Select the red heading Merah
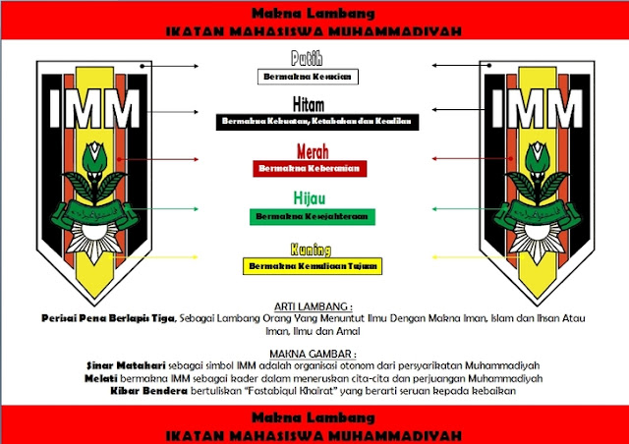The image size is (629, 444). pyautogui.click(x=313, y=151)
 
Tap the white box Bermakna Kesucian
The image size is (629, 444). pyautogui.click(x=306, y=75)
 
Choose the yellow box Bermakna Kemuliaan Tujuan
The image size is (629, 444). pyautogui.click(x=313, y=265)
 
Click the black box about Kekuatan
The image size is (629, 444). pyautogui.click(x=314, y=121)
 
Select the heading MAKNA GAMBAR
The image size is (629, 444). pyautogui.click(x=314, y=352)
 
